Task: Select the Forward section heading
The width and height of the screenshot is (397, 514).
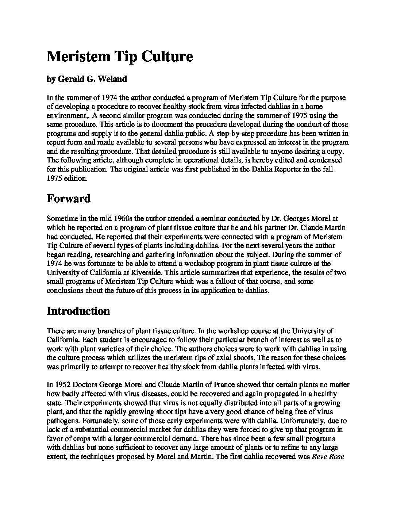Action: (x=69, y=199)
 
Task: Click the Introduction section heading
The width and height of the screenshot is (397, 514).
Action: (x=78, y=311)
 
